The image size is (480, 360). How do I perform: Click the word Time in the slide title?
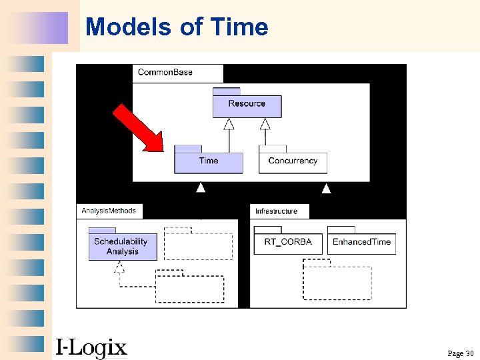click(x=239, y=27)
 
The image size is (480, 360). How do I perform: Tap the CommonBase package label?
click(x=165, y=72)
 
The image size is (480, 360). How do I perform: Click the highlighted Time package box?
click(x=209, y=163)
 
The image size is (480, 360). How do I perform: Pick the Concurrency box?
click(x=293, y=163)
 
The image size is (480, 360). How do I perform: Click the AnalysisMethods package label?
click(x=109, y=211)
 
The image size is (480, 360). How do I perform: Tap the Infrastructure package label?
click(x=277, y=211)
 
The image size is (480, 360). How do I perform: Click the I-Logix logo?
click(x=91, y=347)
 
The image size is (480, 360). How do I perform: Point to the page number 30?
click(x=460, y=353)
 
